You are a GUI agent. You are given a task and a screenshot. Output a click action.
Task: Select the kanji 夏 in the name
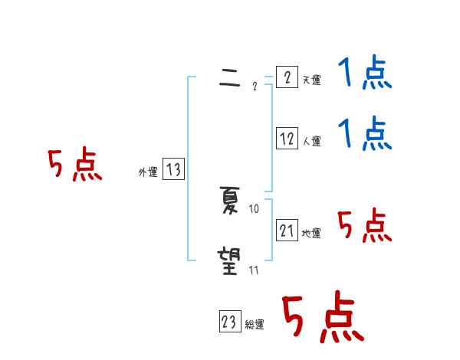point(229,201)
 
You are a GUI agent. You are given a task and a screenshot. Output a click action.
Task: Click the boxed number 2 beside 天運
point(287,77)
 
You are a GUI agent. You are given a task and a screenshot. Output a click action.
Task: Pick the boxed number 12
point(287,139)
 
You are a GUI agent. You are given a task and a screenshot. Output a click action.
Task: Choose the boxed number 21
point(287,231)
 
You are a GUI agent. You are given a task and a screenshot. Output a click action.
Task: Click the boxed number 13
point(173,170)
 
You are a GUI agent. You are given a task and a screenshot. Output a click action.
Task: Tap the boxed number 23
point(229,322)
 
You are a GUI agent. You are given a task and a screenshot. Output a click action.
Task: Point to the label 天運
point(311,80)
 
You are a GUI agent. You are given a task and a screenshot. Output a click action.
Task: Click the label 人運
point(311,141)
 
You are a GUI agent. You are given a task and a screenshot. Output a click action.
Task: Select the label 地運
point(311,233)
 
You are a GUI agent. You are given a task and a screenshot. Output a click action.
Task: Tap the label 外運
point(147,172)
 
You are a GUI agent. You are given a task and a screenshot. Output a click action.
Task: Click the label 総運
point(255,325)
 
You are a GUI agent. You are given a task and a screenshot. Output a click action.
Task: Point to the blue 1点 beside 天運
point(365,75)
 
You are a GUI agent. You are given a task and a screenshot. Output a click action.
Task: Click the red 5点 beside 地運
point(365,226)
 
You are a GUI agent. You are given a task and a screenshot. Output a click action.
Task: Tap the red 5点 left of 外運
point(75,165)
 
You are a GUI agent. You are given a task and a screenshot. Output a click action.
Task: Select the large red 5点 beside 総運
point(322,318)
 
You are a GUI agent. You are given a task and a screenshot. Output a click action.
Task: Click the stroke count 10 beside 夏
point(255,208)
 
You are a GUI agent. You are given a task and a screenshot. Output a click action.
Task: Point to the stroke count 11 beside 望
point(255,270)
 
